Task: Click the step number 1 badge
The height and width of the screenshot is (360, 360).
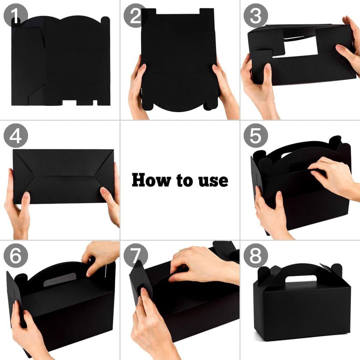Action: click(15, 15)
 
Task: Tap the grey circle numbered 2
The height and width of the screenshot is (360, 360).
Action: click(135, 15)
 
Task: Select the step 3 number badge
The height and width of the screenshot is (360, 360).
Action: click(256, 15)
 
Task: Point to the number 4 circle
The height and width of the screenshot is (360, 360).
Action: click(15, 135)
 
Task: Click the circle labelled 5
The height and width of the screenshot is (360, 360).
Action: click(256, 135)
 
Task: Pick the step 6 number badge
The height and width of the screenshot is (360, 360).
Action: click(15, 256)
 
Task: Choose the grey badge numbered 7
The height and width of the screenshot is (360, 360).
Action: click(135, 256)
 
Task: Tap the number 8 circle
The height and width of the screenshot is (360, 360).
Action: click(256, 256)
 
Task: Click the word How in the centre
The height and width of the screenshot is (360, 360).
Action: click(151, 180)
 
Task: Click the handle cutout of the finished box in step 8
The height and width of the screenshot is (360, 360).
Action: click(301, 279)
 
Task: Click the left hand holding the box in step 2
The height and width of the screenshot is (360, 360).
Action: click(138, 87)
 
